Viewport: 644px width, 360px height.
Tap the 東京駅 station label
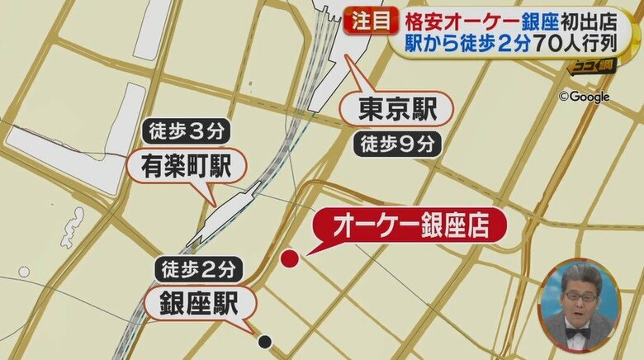tap(395, 108)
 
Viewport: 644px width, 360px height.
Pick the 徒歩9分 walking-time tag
tap(396, 144)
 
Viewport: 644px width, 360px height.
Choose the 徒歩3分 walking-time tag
tap(182, 130)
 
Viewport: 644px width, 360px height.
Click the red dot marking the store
tap(290, 258)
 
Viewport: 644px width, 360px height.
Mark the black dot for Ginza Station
tap(264, 340)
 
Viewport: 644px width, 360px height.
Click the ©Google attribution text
tap(585, 97)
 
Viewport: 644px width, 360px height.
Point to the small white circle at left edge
tap(24, 272)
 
